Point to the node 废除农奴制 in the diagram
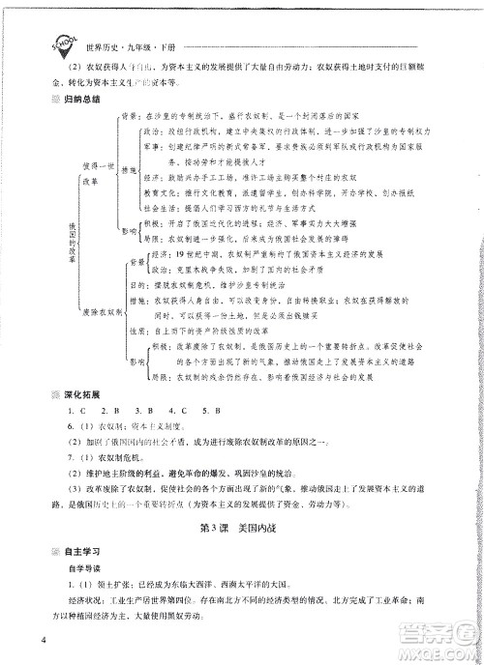tap(102, 312)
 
